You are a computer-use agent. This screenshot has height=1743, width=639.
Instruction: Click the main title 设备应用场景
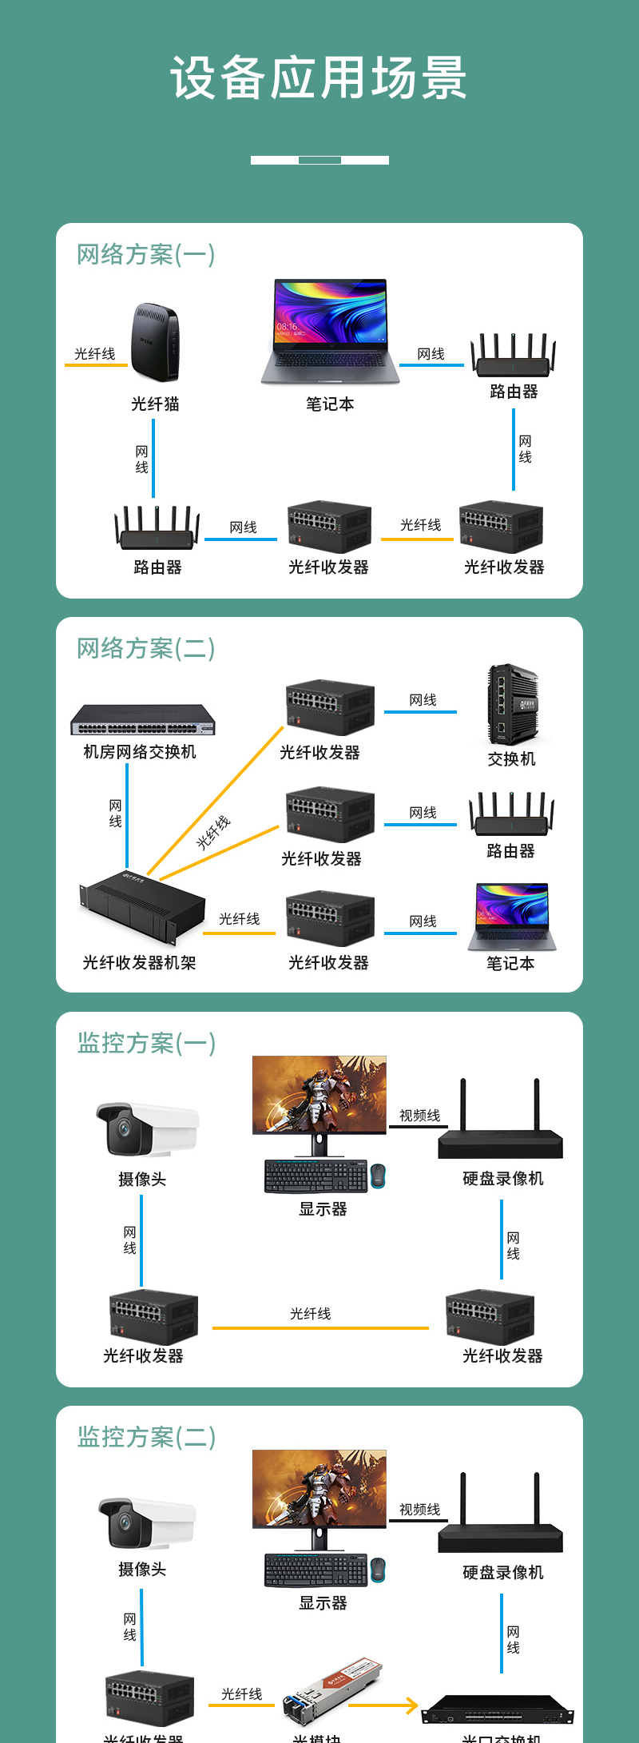click(319, 78)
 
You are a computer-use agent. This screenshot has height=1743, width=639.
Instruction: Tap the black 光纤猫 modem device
click(155, 342)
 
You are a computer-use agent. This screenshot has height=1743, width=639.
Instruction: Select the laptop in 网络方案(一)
click(330, 331)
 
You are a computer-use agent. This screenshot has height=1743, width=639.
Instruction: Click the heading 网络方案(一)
click(145, 254)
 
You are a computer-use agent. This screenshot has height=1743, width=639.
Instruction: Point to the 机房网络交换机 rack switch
click(142, 720)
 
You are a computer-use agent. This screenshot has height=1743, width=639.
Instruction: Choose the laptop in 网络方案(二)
click(512, 917)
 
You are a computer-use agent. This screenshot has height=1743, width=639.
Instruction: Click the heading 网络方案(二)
click(145, 648)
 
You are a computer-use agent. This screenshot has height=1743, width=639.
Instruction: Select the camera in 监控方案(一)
click(146, 1128)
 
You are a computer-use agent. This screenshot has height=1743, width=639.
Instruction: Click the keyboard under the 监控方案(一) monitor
click(316, 1176)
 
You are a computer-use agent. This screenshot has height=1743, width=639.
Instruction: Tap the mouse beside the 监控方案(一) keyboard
click(378, 1176)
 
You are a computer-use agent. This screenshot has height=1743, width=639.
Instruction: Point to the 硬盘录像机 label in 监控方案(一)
click(502, 1179)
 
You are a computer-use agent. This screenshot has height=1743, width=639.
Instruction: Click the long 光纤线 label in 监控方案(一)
click(310, 1314)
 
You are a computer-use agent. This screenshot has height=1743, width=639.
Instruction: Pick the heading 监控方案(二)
click(146, 1437)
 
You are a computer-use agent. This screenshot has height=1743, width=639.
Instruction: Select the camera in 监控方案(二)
click(146, 1522)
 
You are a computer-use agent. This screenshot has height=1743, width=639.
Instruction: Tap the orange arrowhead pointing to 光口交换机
click(411, 1705)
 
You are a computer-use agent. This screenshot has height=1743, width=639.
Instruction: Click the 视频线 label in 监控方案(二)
click(419, 1510)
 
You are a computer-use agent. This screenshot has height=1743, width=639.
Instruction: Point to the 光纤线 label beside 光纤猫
click(94, 354)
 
